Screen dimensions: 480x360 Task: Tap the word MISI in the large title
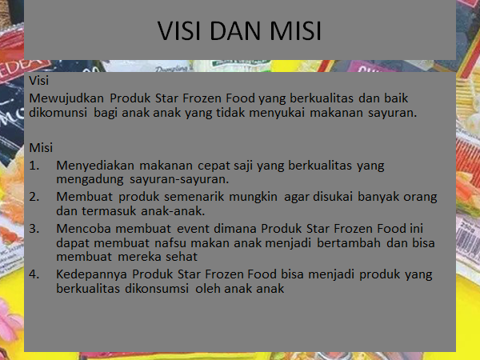coord(295,31)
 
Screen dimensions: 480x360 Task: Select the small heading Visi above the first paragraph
coord(39,81)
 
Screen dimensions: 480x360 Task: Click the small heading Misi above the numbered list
coord(41,148)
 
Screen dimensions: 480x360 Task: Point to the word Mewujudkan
coord(66,98)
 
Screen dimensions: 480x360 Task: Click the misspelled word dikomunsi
coord(58,112)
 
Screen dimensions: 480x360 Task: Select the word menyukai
coord(277,113)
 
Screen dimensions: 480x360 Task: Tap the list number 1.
coord(34,166)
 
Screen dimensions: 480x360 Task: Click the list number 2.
coord(34,197)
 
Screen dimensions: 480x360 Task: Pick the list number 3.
coord(34,229)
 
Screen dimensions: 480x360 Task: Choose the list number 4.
coord(34,274)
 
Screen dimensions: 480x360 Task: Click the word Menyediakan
coord(95,166)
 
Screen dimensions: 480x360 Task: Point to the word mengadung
coord(90,179)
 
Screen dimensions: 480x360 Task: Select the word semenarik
coord(194,197)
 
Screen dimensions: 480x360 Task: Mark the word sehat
coord(182,257)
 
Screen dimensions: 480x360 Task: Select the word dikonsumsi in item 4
coord(157,288)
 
